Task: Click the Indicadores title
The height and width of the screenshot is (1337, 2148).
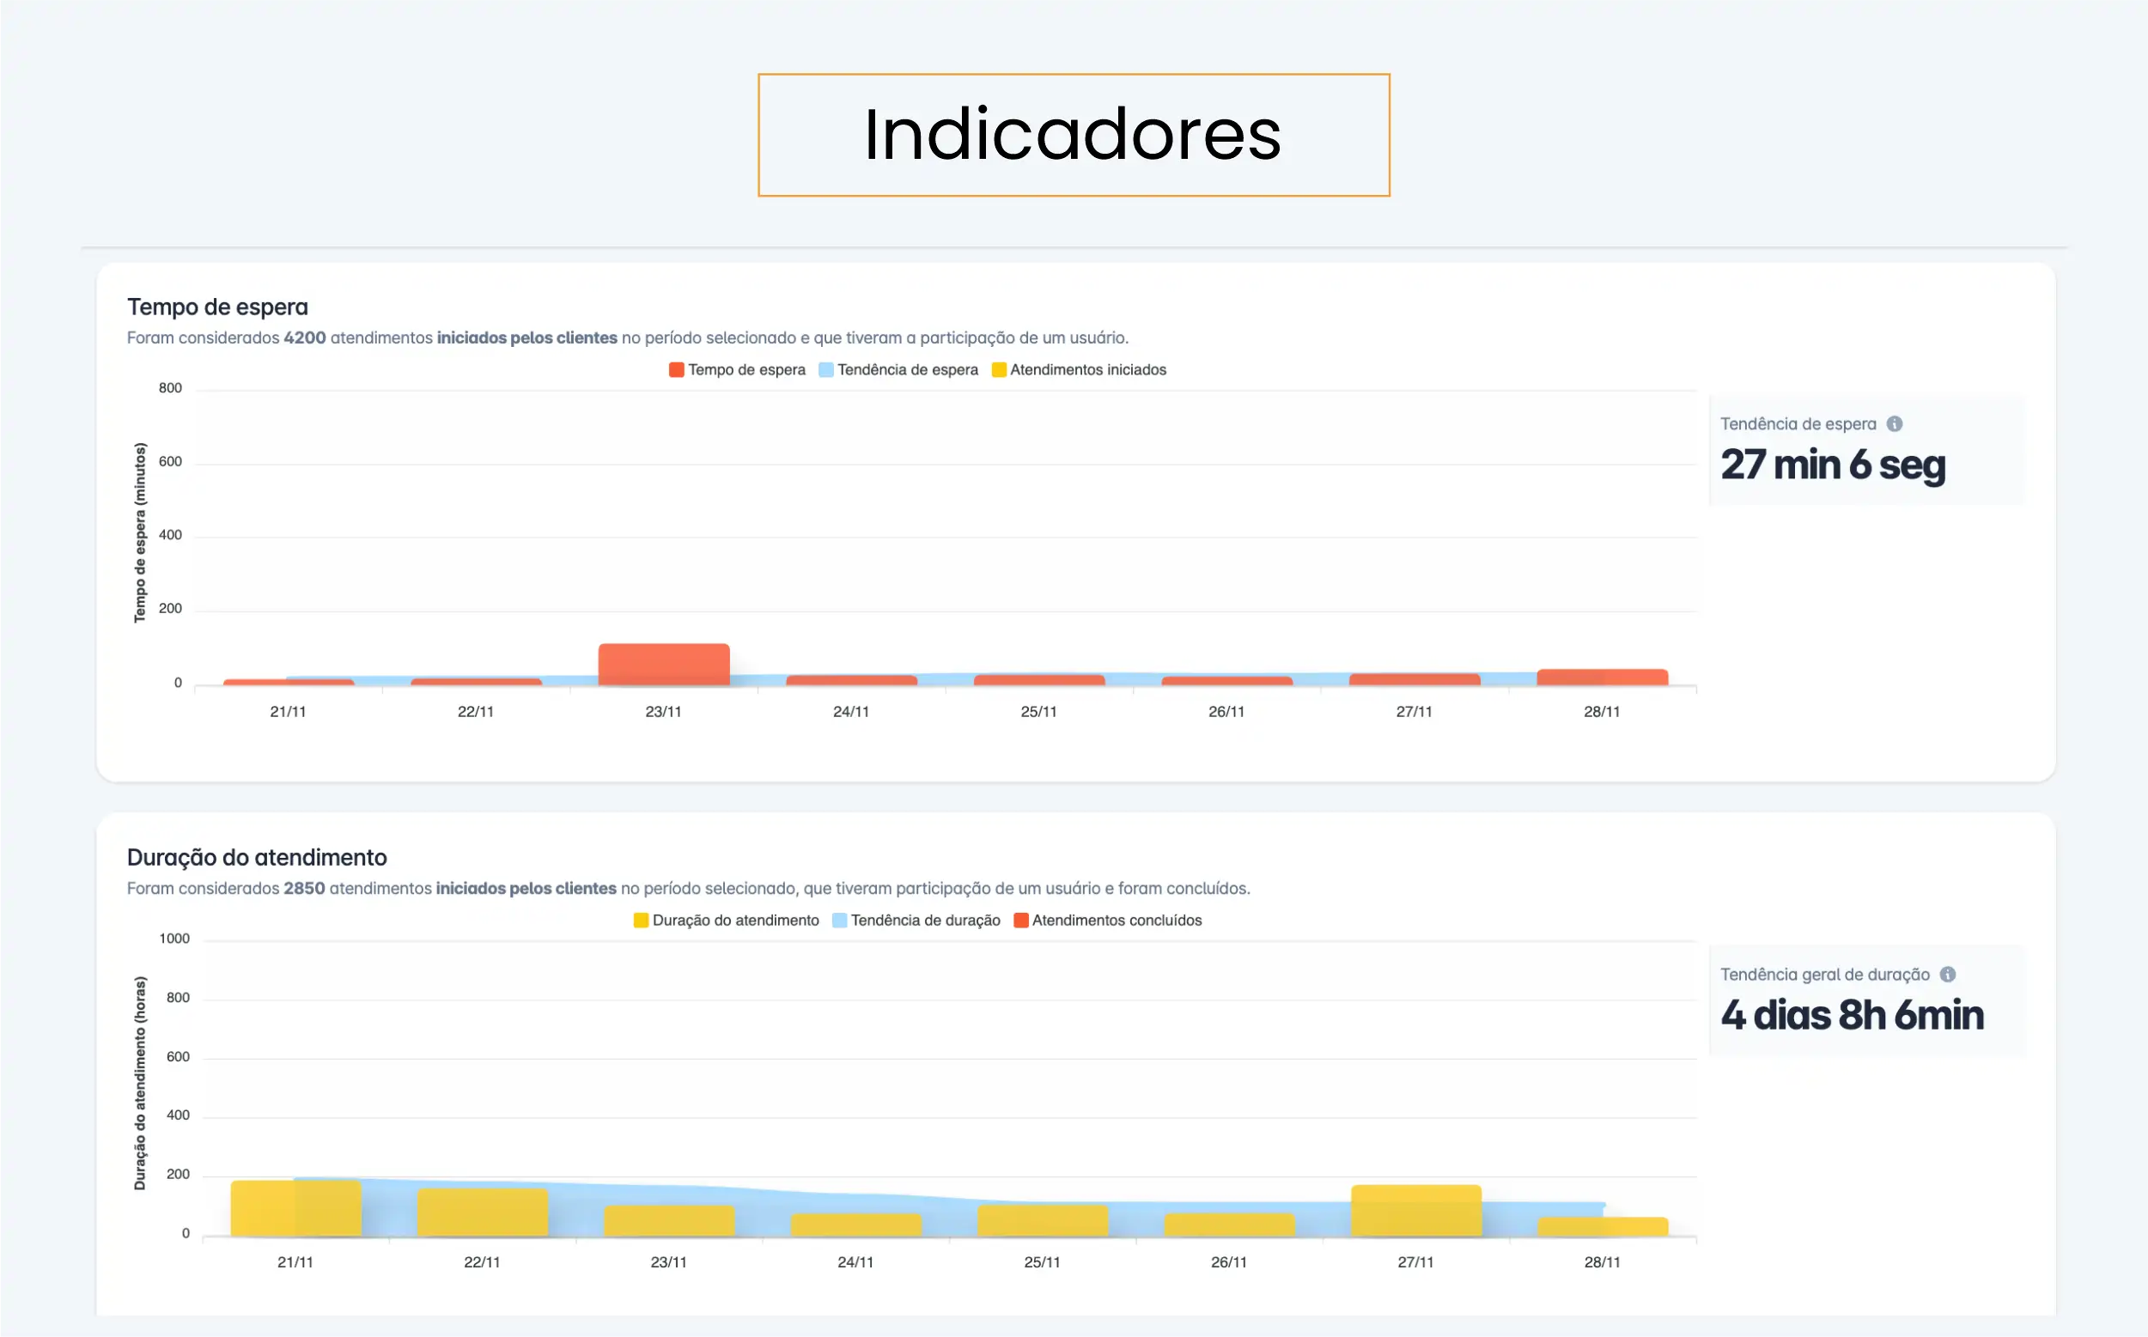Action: click(x=1073, y=135)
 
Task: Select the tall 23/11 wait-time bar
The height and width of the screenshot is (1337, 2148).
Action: click(x=663, y=664)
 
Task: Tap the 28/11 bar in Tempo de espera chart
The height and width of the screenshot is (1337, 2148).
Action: click(x=1602, y=678)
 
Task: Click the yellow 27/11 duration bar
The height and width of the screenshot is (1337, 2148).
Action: click(x=1415, y=1210)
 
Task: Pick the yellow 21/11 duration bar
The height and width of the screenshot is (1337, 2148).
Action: click(x=295, y=1208)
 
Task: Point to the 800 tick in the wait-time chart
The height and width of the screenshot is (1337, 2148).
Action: click(x=170, y=388)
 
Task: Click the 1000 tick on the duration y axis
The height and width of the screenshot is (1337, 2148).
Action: click(x=174, y=939)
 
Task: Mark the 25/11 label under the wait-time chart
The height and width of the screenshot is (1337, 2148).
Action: click(x=1038, y=712)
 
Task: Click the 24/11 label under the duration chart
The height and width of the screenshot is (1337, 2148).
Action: click(x=855, y=1262)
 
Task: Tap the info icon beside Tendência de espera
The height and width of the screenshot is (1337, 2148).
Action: click(x=1894, y=424)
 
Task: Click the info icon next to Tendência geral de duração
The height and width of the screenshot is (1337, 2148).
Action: click(x=1947, y=975)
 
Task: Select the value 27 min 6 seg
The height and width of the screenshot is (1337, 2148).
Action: click(x=1832, y=465)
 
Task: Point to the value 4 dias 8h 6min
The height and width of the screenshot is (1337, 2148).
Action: click(x=1852, y=1015)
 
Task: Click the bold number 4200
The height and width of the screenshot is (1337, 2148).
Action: click(x=304, y=337)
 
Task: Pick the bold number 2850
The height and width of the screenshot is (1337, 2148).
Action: click(x=304, y=889)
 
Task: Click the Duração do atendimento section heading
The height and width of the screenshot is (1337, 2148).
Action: click(x=257, y=858)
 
